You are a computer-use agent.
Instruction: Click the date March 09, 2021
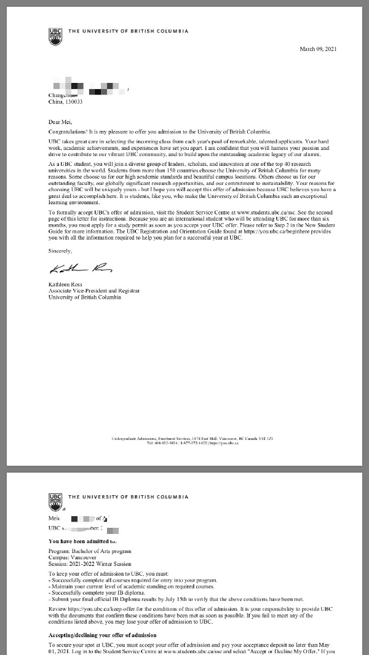pos(317,49)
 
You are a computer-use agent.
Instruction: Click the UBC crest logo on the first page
pos(55,34)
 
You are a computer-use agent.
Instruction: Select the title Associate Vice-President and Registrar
pos(93,291)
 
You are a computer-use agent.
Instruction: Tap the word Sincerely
pos(60,251)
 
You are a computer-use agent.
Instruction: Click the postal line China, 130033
pos(65,102)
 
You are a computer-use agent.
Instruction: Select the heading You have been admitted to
pos(82,541)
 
